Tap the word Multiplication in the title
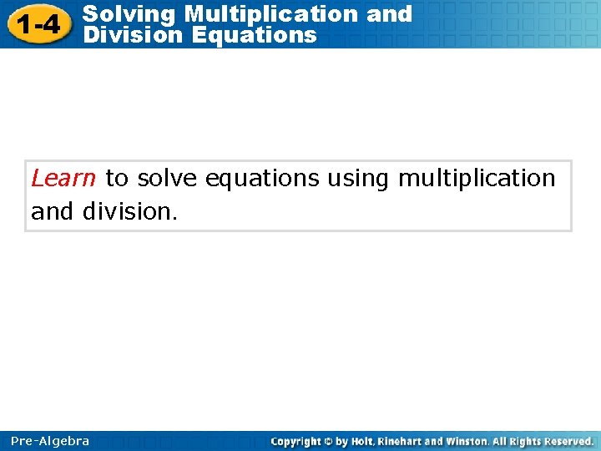[x=271, y=14]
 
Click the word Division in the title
[x=129, y=35]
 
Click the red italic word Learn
[x=63, y=179]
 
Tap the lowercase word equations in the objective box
[x=261, y=179]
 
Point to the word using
[x=357, y=179]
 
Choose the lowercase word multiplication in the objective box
[x=477, y=179]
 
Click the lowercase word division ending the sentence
[x=129, y=212]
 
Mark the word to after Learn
[x=117, y=179]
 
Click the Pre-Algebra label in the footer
[x=50, y=441]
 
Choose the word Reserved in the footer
[x=568, y=441]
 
